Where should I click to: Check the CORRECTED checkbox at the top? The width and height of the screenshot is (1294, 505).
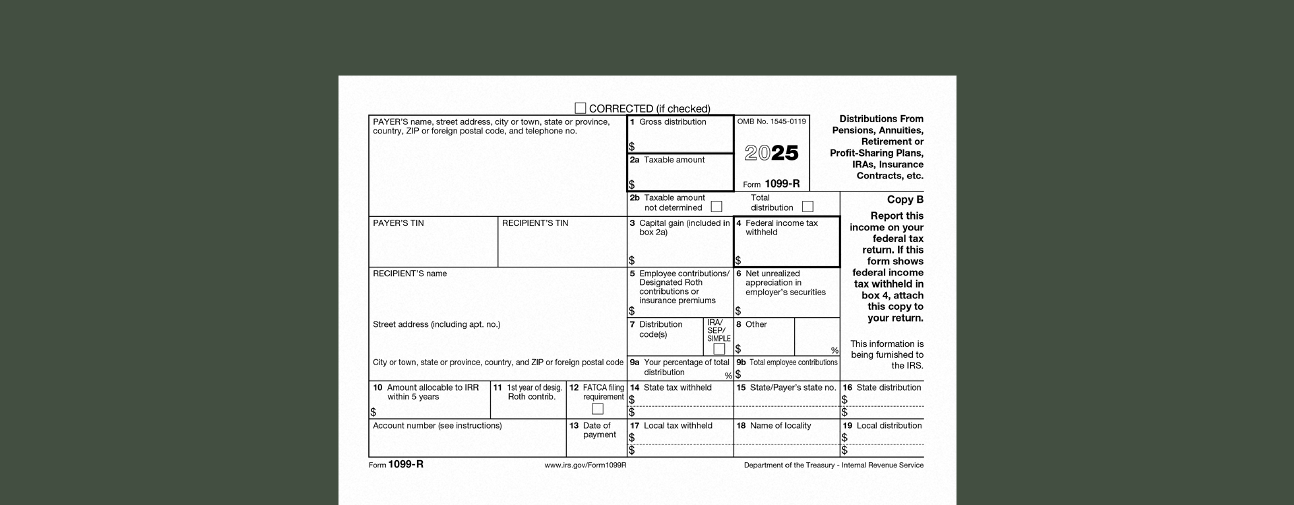click(580, 108)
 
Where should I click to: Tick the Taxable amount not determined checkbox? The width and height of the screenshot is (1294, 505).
click(717, 206)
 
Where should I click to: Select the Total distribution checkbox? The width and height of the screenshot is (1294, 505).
click(808, 206)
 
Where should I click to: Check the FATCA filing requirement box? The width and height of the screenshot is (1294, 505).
click(597, 409)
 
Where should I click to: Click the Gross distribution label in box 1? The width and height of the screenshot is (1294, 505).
click(672, 122)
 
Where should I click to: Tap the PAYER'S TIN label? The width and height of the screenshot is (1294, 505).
click(398, 223)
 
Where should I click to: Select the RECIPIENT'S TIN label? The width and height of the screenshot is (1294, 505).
click(535, 223)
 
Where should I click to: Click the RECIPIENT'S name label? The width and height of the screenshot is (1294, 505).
click(409, 274)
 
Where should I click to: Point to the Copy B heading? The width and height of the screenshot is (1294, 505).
click(905, 199)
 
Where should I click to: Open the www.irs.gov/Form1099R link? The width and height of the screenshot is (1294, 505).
click(585, 465)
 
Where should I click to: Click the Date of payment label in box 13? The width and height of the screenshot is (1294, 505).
click(599, 430)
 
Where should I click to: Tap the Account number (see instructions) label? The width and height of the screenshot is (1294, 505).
click(437, 426)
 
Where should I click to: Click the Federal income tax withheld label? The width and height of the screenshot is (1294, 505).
click(781, 227)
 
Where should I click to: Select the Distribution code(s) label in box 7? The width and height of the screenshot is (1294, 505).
click(660, 329)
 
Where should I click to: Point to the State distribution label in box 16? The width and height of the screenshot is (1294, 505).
click(888, 388)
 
